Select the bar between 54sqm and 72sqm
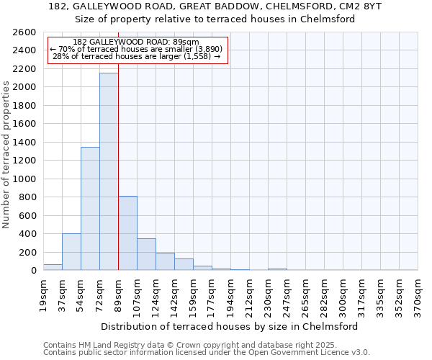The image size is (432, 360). (x=90, y=209)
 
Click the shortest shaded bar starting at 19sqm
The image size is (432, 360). (x=53, y=267)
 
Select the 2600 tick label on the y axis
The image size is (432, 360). (x=24, y=32)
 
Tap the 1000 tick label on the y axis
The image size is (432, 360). (x=24, y=179)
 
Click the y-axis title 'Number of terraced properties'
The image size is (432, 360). (x=6, y=155)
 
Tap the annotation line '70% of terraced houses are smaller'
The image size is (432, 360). (x=137, y=49)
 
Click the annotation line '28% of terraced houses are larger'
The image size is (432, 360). (x=137, y=56)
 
